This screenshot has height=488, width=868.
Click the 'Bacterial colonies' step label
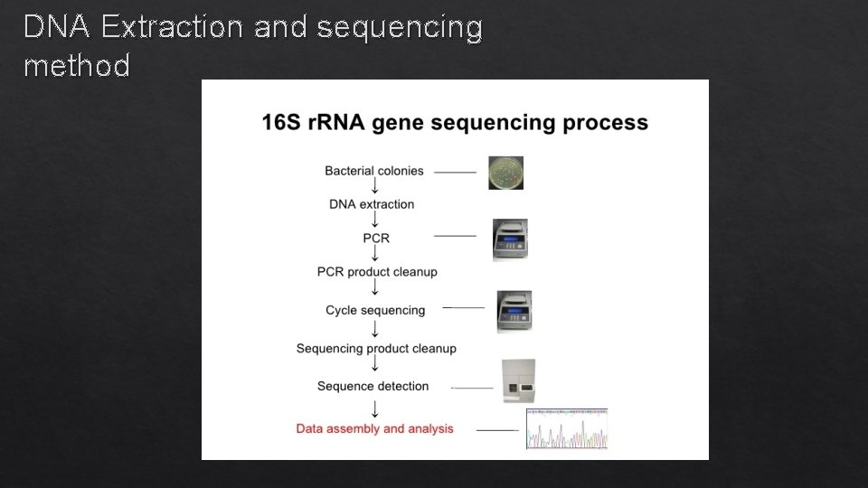click(373, 171)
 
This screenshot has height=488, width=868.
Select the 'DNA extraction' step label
click(372, 204)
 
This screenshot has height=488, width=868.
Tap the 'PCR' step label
click(376, 238)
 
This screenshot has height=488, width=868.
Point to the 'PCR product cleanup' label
click(377, 272)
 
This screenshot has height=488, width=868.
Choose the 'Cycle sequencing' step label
click(375, 310)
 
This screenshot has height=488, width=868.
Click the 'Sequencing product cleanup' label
click(376, 348)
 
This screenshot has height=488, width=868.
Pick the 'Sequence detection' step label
click(373, 386)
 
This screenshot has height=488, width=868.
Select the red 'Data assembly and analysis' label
click(374, 428)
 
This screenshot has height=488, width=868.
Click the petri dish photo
click(505, 173)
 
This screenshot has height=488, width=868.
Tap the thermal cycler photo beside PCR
click(510, 240)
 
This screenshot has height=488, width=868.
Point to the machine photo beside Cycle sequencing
click(514, 312)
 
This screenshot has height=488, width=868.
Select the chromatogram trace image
click(567, 428)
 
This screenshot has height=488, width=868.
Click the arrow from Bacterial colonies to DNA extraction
click(374, 187)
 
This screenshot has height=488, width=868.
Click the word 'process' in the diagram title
click(605, 122)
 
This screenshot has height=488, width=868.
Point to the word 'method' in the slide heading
click(77, 66)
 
